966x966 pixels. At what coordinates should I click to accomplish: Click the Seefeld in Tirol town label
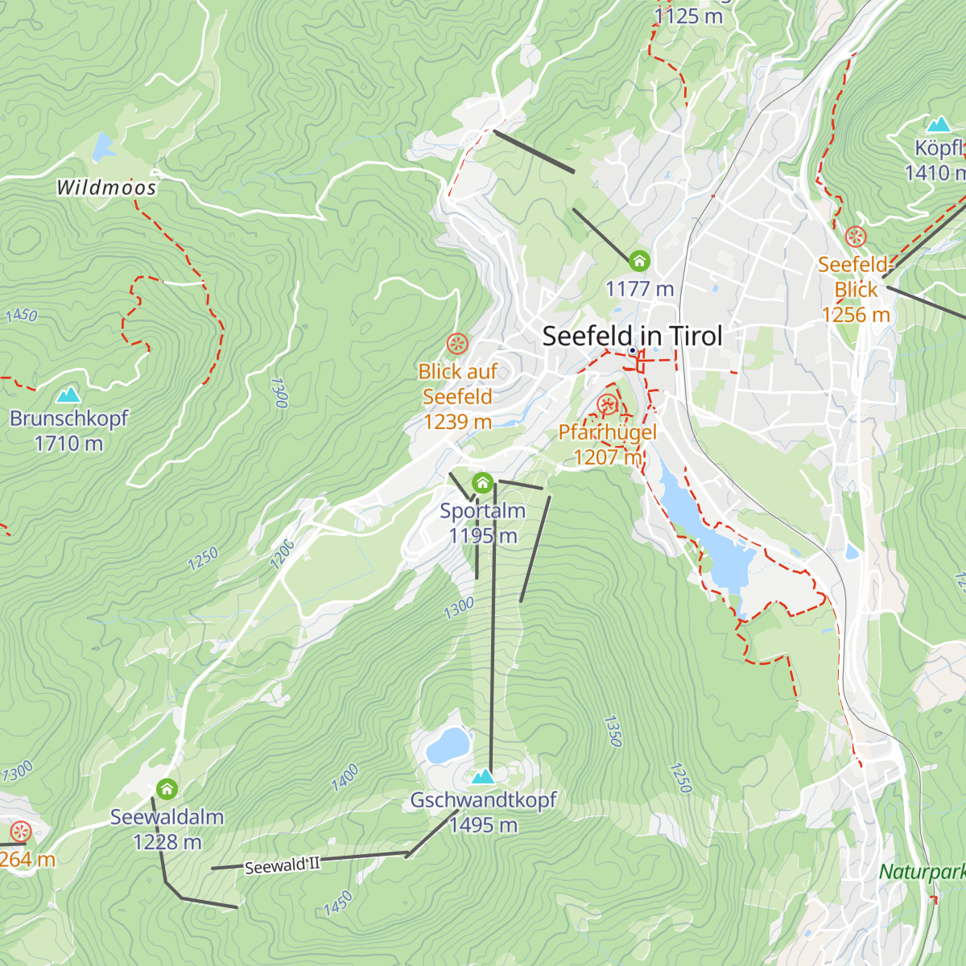(632, 336)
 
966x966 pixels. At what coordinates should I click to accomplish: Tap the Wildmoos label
(106, 188)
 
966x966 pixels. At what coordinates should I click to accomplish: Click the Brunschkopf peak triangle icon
(68, 394)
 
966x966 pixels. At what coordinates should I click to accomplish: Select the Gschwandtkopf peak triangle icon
(483, 776)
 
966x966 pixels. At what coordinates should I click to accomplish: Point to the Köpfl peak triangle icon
(939, 124)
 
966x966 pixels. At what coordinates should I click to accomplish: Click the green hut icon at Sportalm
(482, 483)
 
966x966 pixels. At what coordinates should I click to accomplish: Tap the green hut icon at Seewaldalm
(167, 788)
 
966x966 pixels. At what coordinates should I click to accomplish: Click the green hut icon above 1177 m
(639, 261)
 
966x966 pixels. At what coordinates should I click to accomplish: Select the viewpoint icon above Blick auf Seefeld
(457, 345)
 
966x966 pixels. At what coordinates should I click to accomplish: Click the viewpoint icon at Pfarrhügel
(607, 405)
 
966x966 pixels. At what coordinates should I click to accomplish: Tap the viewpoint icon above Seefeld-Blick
(855, 237)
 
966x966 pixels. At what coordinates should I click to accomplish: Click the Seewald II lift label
(282, 865)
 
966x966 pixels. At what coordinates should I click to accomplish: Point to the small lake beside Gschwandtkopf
(447, 745)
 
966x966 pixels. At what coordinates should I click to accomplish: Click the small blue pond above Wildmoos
(103, 147)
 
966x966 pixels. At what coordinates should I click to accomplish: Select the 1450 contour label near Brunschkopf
(22, 315)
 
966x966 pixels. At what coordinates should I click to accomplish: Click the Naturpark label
(921, 872)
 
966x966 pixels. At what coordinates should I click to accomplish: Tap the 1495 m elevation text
(483, 825)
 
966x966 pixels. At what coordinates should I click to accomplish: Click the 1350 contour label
(613, 731)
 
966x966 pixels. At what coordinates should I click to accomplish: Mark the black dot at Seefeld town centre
(633, 350)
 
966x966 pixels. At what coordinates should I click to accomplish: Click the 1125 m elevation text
(688, 16)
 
